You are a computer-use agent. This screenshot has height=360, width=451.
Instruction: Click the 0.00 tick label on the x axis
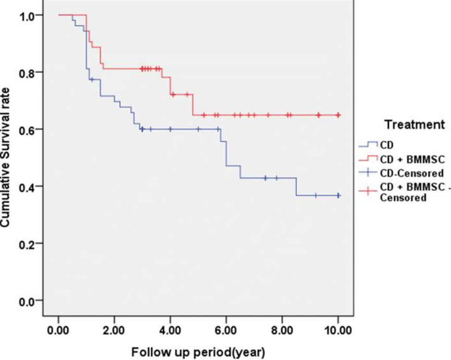tap(58, 330)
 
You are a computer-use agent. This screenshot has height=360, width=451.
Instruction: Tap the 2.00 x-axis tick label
tap(114, 330)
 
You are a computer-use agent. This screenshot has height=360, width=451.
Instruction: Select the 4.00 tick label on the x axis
tap(170, 330)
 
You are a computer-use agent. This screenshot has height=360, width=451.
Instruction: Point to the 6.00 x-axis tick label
tap(226, 330)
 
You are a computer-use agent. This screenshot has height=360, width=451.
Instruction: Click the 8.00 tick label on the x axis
tap(282, 330)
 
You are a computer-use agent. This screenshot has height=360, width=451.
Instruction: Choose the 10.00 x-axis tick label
tap(338, 330)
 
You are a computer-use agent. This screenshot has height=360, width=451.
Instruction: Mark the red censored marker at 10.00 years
tap(338, 115)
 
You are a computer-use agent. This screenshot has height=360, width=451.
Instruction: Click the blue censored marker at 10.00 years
tap(338, 195)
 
